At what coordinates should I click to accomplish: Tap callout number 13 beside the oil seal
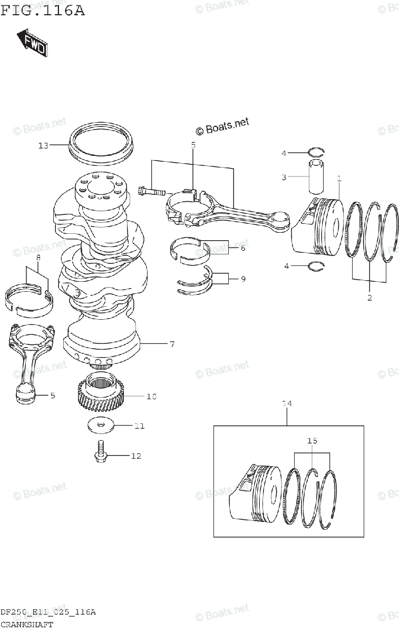click(x=43, y=145)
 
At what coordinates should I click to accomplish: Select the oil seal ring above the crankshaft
click(x=102, y=141)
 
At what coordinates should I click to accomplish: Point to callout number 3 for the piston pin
click(x=284, y=177)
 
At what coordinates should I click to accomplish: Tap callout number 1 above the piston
click(x=339, y=179)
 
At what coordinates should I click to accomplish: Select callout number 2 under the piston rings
click(x=369, y=298)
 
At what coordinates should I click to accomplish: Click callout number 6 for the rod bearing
click(x=242, y=248)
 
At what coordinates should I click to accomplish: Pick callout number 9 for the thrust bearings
click(x=242, y=279)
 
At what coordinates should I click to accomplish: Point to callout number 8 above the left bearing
click(x=38, y=258)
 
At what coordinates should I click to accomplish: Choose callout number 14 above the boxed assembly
click(x=287, y=403)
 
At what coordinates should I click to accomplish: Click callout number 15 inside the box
click(x=312, y=440)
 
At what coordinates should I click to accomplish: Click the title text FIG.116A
click(x=42, y=11)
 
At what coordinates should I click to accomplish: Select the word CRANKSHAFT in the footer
click(x=26, y=625)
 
